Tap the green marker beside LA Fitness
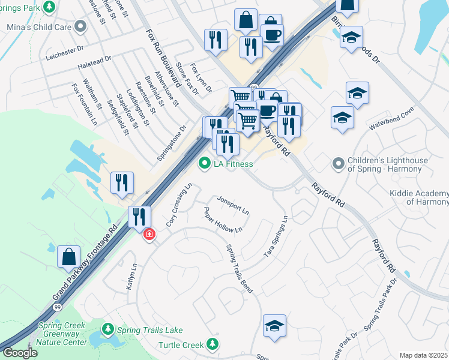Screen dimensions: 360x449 [x=205, y=163]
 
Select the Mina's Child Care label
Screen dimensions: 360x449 [x=38, y=28]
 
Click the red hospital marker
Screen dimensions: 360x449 [x=148, y=234]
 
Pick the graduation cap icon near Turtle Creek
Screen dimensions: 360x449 [x=274, y=325]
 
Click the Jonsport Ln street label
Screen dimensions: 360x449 [x=233, y=205]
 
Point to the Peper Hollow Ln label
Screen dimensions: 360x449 [x=223, y=220]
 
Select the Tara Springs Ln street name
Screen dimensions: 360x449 [x=277, y=237]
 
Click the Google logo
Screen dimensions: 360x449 [x=20, y=353]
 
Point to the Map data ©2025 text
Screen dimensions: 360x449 [x=423, y=355]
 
